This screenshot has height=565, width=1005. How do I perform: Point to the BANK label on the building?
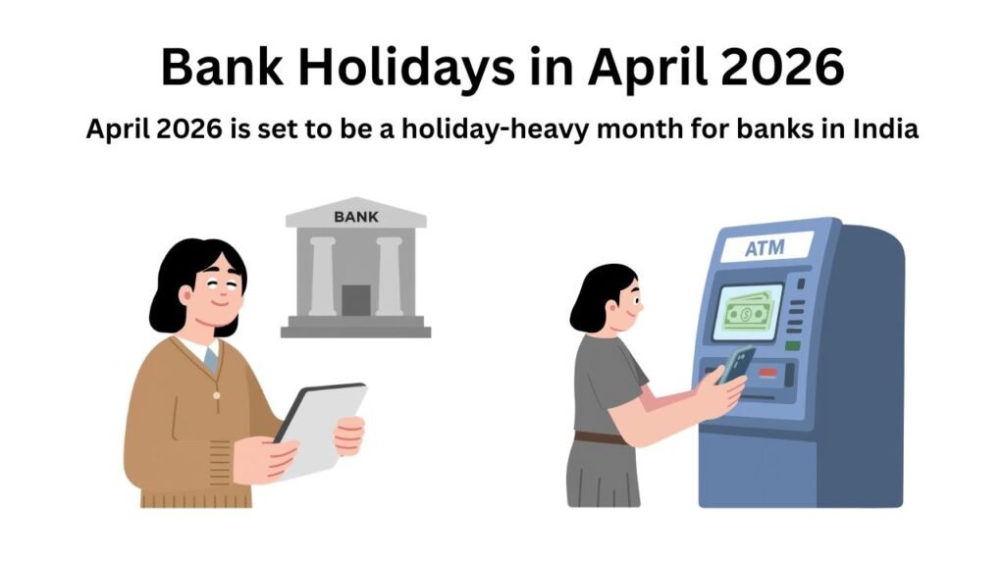coord(355,216)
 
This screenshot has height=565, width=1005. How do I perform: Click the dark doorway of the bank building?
coord(355,300)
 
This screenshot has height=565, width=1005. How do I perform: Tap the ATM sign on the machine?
coord(765,248)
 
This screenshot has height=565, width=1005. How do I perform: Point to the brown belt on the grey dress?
coord(601,437)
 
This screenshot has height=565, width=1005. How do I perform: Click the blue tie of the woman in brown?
coord(210,359)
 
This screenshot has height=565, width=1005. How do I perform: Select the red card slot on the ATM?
coord(768,372)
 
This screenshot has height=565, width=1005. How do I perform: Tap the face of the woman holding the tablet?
coord(210,295)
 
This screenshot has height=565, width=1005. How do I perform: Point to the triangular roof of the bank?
coord(355,212)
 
